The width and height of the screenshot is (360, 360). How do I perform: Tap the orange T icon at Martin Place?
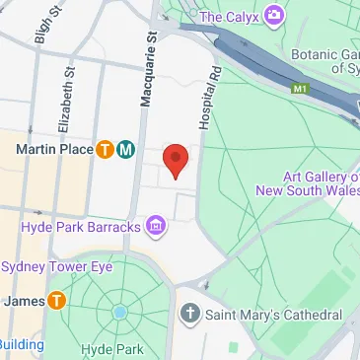click(105, 150)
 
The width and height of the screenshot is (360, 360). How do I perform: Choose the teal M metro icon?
click(125, 150)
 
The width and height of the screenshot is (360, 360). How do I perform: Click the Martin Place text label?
click(54, 150)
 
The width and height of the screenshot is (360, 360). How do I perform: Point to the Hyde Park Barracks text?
click(81, 229)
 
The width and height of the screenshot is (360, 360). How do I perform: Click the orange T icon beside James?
click(57, 300)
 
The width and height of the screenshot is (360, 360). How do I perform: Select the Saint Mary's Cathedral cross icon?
click(190, 315)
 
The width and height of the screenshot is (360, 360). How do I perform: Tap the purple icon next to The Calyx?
click(273, 16)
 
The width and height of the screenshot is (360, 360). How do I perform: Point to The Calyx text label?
click(230, 16)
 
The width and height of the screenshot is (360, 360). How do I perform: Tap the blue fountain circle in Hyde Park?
click(119, 313)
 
